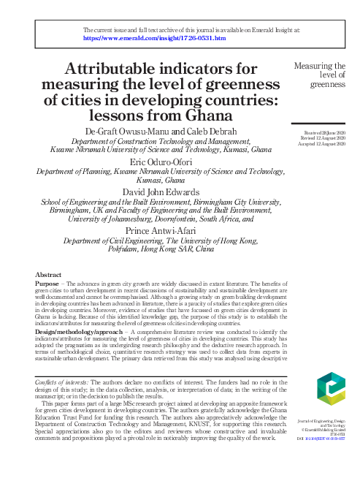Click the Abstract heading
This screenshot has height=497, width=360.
click(49, 276)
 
